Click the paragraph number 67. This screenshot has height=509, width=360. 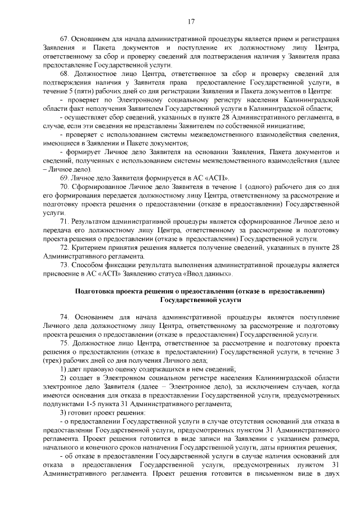coord(64,39)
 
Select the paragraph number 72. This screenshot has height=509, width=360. coord(64,247)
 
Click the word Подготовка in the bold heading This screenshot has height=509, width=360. coord(95,291)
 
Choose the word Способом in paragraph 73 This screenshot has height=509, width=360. coord(88,265)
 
